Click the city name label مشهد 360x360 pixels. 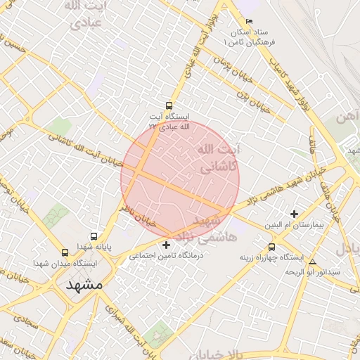[84, 285]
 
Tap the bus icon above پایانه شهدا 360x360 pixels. [94, 236]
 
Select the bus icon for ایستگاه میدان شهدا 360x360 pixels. [65, 252]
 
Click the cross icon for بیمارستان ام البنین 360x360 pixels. [294, 214]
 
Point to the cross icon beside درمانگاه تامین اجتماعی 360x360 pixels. [166, 245]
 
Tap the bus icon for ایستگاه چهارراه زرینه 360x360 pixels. [272, 247]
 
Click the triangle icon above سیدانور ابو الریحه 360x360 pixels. [313, 262]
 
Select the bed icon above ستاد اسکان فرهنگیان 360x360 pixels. [249, 22]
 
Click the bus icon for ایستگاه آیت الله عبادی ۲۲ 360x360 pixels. [167, 105]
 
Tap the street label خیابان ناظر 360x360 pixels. [136, 214]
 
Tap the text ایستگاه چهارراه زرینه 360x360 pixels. [271, 257]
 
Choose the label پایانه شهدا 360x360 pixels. [95, 247]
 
